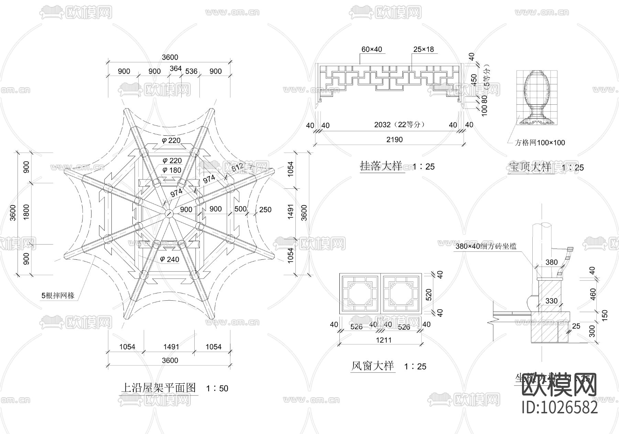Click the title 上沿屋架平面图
pyautogui.click(x=158, y=388)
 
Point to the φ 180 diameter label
pyautogui.click(x=172, y=170)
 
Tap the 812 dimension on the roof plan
pyautogui.click(x=237, y=167)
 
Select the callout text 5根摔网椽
pyautogui.click(x=58, y=296)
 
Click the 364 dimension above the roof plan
pyautogui.click(x=175, y=69)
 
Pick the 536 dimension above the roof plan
pyautogui.click(x=191, y=71)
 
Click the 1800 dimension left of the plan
pyautogui.click(x=26, y=212)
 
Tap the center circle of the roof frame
pyautogui.click(x=168, y=214)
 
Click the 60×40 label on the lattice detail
pyautogui.click(x=371, y=50)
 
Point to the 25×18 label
pyautogui.click(x=423, y=50)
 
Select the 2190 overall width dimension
pyautogui.click(x=394, y=139)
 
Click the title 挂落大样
pyautogui.click(x=381, y=166)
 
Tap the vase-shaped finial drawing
pyautogui.click(x=536, y=98)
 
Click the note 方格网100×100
pyautogui.click(x=540, y=143)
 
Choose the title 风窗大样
pyautogui.click(x=372, y=366)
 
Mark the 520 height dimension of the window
pyautogui.click(x=429, y=294)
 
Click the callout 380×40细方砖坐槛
pyautogui.click(x=486, y=246)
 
